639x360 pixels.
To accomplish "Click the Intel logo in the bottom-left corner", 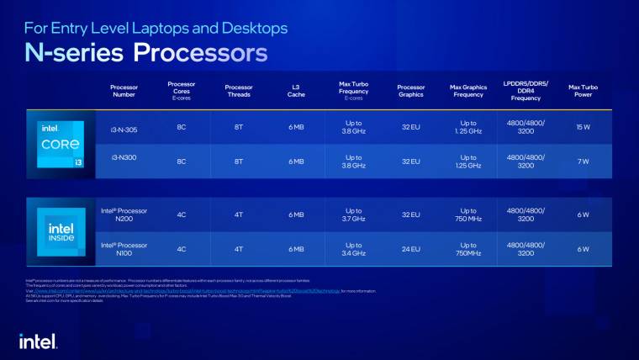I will (x=38, y=340).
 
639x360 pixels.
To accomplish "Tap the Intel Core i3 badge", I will (x=61, y=144).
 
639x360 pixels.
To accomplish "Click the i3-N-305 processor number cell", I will (x=124, y=127).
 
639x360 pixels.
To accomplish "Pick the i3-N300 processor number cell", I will (x=124, y=157).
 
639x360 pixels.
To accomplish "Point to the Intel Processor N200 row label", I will (x=124, y=214).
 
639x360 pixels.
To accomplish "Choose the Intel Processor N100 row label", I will (x=124, y=248).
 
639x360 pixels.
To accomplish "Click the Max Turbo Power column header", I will (x=582, y=91).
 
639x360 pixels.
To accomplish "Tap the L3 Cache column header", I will (x=296, y=91).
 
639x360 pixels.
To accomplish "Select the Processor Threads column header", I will (x=239, y=91).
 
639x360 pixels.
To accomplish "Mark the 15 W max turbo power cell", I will (x=582, y=127).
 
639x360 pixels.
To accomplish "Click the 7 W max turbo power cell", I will (x=582, y=161).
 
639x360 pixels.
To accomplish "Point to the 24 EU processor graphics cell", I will (x=410, y=248).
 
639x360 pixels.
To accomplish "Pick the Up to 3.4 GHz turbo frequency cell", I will (x=353, y=248).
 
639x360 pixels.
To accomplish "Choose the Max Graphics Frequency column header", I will (x=467, y=91).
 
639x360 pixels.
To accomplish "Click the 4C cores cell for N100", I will (x=182, y=248).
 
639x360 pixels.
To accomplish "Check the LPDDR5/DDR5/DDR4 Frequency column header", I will (x=525, y=91).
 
